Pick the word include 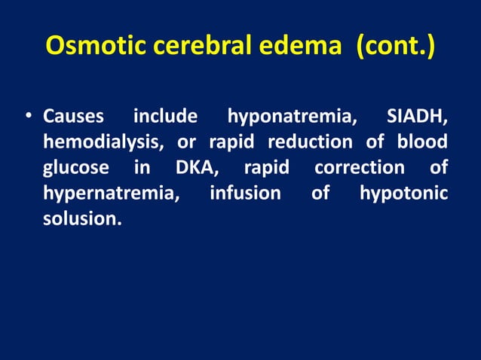pyautogui.click(x=165, y=117)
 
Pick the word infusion pyautogui.click(x=245, y=193)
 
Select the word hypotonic pyautogui.click(x=403, y=194)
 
